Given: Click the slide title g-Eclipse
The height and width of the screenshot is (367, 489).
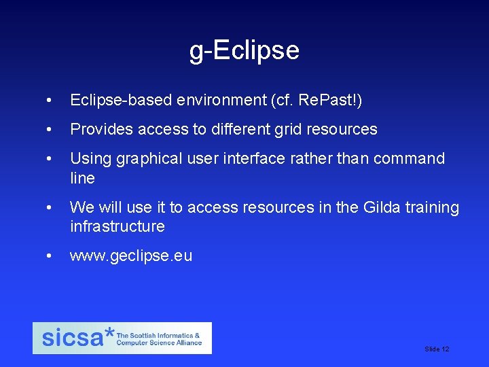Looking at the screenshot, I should point(244,50).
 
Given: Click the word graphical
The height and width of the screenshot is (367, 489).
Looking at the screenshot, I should point(149,158).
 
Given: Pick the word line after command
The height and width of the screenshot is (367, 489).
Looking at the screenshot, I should point(82,178).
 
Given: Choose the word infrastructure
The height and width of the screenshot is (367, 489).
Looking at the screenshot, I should point(117,226).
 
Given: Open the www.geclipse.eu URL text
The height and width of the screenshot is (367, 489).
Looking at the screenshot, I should point(131,256).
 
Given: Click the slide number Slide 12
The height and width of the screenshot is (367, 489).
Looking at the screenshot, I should point(437,349).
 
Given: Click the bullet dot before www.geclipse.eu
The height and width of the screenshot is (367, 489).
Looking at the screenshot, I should point(48,256).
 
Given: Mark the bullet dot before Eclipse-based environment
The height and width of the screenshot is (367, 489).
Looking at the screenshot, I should point(48,101).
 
